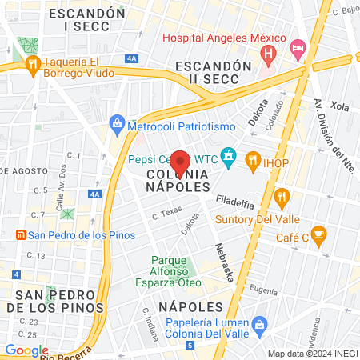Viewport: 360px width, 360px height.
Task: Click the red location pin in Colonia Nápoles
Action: [x=180, y=162]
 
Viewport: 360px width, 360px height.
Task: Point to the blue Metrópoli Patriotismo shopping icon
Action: [x=117, y=124]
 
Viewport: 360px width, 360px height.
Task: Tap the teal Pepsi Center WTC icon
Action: [x=229, y=154]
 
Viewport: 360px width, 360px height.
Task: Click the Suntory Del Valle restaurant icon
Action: [x=281, y=195]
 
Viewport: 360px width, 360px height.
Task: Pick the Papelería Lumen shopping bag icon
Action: [x=258, y=324]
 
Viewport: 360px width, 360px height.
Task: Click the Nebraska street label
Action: [x=223, y=262]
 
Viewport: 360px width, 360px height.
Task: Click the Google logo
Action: [x=26, y=350]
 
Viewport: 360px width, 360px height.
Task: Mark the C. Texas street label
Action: [x=167, y=214]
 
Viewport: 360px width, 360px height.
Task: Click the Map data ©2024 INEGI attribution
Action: [x=312, y=354]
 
